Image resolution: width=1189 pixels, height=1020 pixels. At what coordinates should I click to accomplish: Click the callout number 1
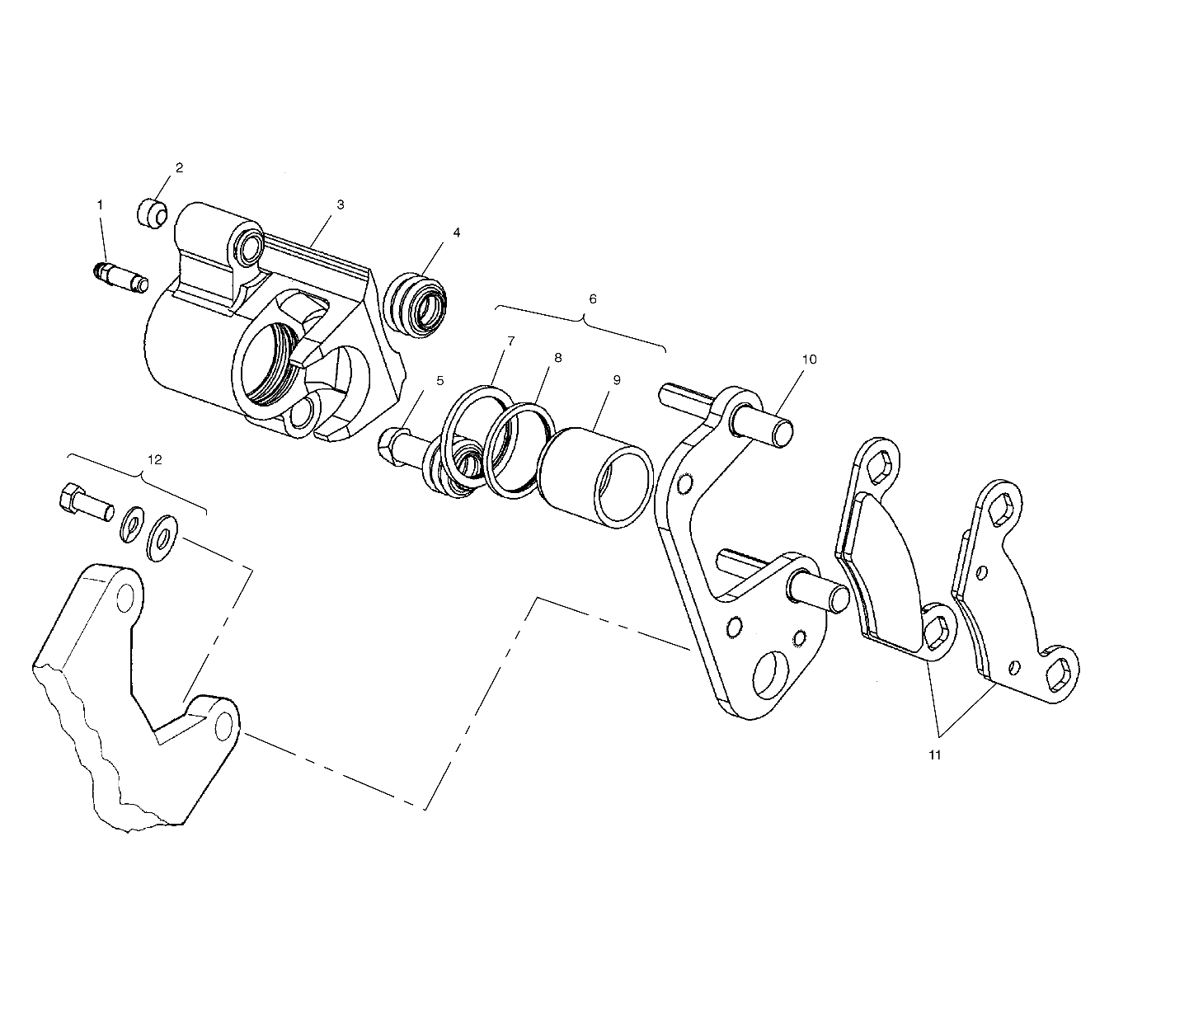point(101,204)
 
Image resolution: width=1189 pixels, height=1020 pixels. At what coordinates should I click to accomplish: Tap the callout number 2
point(179,167)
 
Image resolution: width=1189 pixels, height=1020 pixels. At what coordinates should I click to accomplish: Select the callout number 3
point(340,204)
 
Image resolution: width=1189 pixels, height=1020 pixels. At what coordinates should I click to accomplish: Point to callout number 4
point(456,233)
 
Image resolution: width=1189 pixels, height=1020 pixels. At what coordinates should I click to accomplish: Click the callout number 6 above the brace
point(591,298)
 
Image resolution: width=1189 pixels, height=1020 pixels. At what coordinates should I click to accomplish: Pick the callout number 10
point(809,359)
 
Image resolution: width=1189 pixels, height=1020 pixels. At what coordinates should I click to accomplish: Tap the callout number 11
point(934,754)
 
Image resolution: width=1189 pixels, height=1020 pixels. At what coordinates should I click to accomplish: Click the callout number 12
point(155,459)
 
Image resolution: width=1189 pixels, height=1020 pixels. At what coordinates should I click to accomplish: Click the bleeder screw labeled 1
point(120,275)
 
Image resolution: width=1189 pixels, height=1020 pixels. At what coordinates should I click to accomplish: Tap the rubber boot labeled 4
point(421,305)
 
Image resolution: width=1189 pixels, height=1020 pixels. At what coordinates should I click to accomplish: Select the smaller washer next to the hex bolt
point(130,524)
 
